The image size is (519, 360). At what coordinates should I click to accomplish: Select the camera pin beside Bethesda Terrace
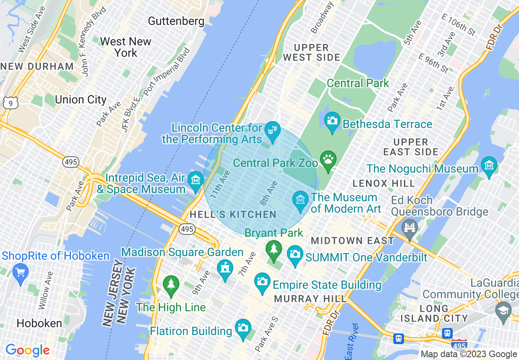click(332, 121)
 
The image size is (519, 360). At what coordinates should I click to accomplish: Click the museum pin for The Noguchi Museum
click(489, 166)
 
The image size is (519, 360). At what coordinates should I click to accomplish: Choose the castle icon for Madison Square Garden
click(225, 269)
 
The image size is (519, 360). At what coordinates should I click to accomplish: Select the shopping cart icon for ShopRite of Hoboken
click(20, 272)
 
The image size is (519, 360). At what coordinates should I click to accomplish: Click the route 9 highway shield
click(10, 103)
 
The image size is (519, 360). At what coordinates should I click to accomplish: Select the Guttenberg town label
click(176, 21)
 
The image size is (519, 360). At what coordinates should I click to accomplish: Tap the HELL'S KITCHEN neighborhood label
click(233, 215)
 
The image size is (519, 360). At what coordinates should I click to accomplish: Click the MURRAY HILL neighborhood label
click(310, 299)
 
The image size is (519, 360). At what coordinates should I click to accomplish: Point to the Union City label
click(81, 99)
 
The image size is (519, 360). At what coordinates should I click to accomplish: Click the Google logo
click(27, 350)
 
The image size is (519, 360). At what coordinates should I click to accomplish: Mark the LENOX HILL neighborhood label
click(384, 183)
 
